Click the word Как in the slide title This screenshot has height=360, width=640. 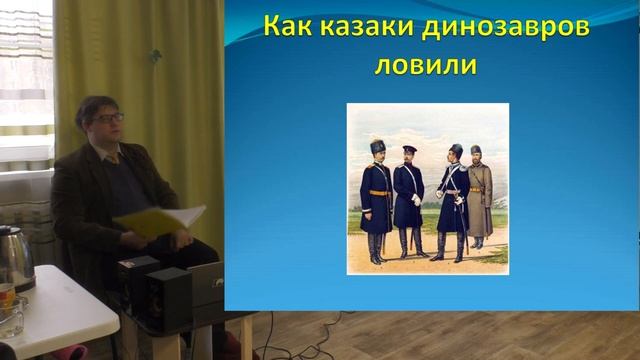pos(285,27)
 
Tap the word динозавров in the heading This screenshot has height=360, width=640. pos(489,27)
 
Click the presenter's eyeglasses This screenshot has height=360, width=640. pos(107,118)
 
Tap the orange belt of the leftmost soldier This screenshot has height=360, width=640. pos(378,192)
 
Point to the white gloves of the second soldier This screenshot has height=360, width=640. pos(415,200)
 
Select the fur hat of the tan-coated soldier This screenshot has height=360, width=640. pos(476,151)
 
